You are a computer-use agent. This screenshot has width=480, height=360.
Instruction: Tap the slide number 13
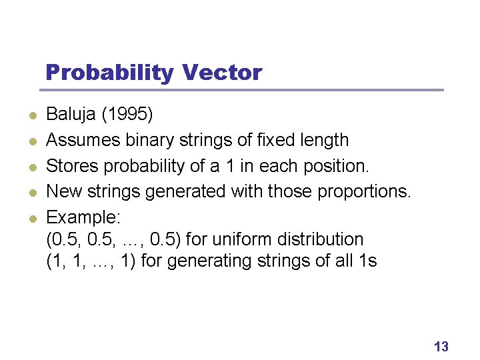click(441, 346)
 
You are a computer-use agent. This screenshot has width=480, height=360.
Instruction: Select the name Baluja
click(71, 115)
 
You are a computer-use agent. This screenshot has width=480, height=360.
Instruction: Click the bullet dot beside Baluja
click(31, 116)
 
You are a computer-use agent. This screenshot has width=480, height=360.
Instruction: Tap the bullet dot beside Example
click(31, 216)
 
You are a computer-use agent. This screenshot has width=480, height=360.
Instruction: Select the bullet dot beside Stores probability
click(31, 165)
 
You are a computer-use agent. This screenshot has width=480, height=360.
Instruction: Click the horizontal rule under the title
click(244, 90)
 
